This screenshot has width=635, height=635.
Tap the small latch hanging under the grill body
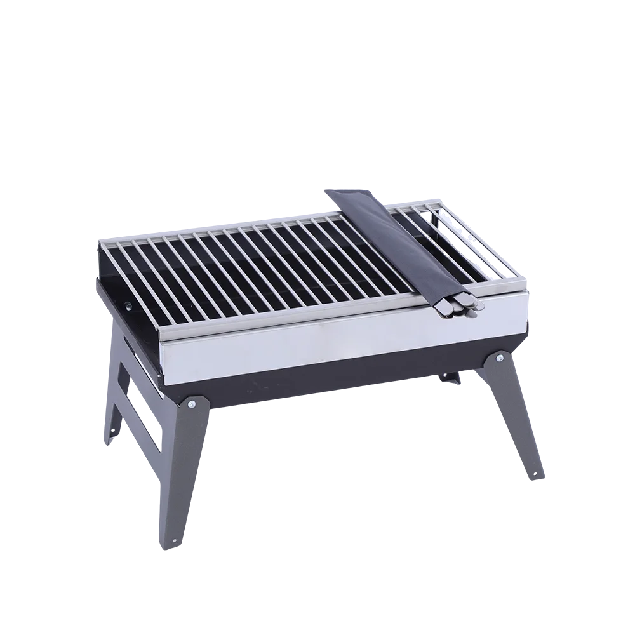coord(452,379)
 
